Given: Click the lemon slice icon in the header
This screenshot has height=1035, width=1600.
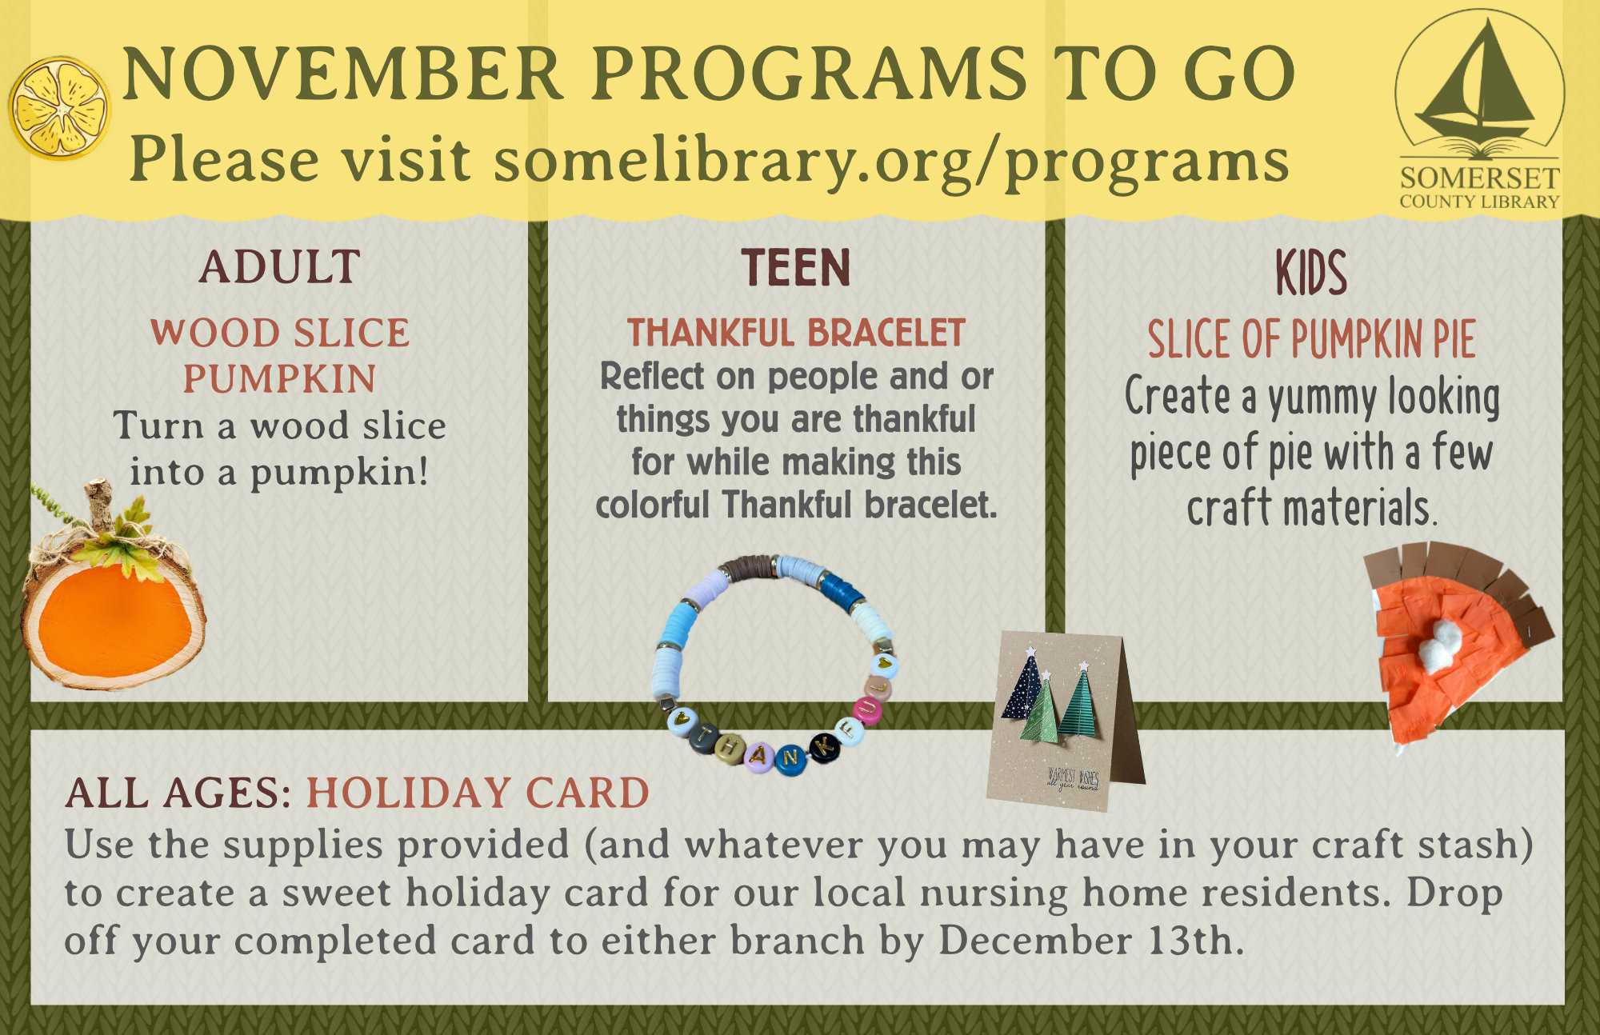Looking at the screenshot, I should [x=59, y=107].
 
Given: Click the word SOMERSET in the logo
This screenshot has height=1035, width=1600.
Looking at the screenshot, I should [x=1479, y=178].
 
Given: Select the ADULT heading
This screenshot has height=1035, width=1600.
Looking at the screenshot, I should [x=279, y=267].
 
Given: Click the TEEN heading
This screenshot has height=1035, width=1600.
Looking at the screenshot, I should [x=795, y=268].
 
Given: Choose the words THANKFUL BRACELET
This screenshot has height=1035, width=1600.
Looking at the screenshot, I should [x=795, y=334].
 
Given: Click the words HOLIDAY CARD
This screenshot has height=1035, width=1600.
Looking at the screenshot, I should [x=478, y=793].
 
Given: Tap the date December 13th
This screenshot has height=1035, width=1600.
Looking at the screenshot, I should [x=1090, y=941].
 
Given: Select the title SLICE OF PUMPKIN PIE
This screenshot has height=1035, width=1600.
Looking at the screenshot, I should [x=1311, y=339].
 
